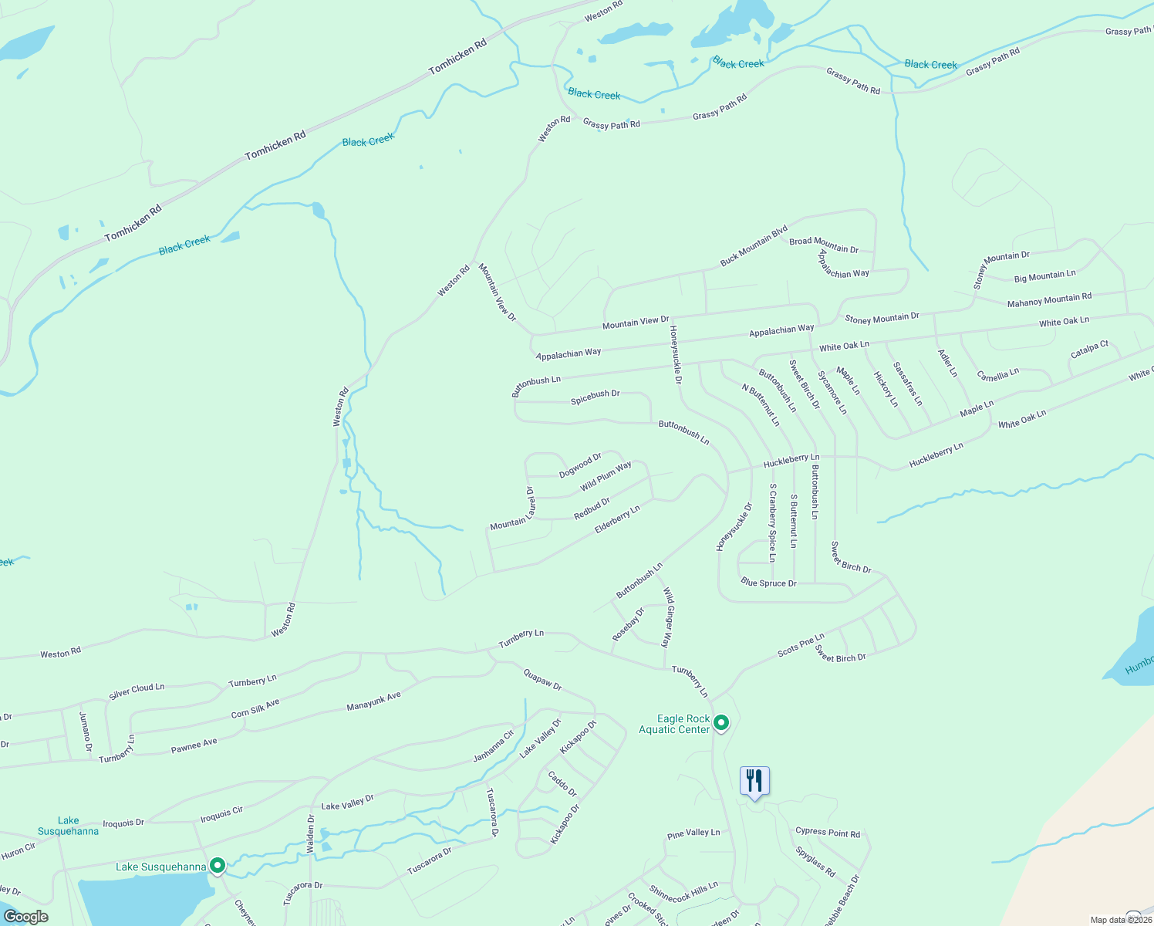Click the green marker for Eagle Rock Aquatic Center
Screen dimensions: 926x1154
click(721, 723)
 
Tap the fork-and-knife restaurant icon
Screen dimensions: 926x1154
click(754, 781)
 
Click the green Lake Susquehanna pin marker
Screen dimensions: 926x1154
click(218, 866)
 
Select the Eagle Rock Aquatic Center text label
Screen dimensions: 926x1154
click(674, 724)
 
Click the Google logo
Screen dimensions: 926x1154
click(25, 917)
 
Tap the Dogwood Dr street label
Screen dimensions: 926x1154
click(580, 465)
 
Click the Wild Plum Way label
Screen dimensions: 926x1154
click(606, 475)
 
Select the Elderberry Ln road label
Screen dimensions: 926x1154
click(617, 519)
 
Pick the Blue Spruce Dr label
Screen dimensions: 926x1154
click(768, 583)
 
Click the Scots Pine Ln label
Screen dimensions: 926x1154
click(801, 645)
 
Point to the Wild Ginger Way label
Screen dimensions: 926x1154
click(668, 617)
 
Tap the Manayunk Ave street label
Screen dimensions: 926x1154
click(374, 701)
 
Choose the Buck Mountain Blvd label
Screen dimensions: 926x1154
click(754, 245)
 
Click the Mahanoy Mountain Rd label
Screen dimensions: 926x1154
click(1049, 299)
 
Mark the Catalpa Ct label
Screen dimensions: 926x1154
click(1089, 350)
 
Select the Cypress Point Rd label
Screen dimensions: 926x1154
click(827, 832)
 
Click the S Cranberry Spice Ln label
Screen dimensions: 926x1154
click(772, 523)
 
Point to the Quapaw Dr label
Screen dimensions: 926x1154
click(542, 680)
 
